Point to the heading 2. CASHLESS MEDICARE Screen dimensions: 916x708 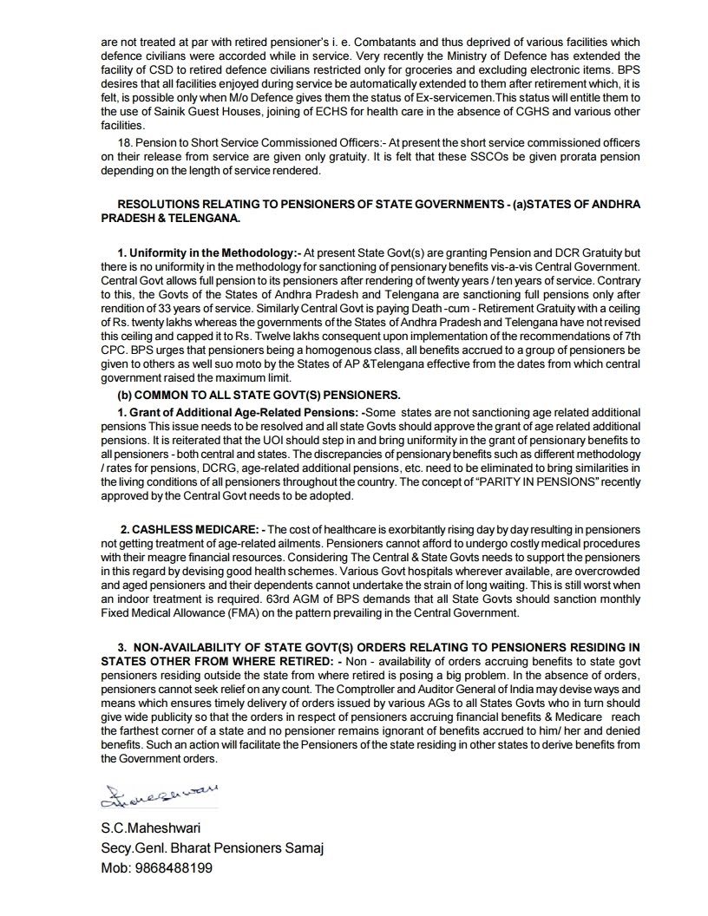[190, 529]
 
